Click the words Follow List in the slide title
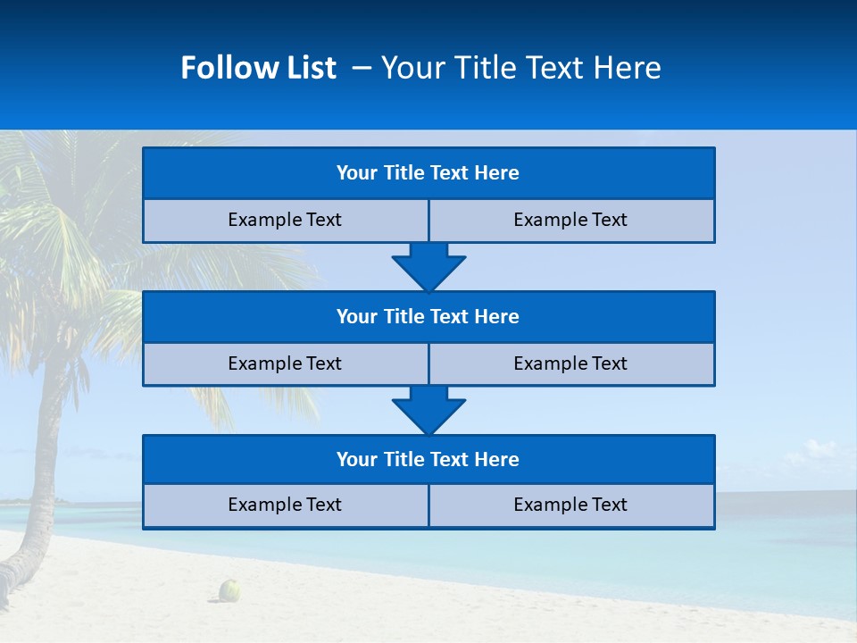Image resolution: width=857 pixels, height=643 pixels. [258, 68]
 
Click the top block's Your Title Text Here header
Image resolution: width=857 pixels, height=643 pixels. [428, 173]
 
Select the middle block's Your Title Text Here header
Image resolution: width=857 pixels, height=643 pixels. [428, 317]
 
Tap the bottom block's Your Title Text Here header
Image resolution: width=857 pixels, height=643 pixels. [428, 460]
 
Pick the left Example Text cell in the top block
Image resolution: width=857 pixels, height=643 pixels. [285, 221]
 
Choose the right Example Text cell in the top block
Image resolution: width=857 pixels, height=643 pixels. [570, 221]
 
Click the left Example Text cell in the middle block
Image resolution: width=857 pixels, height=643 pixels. [285, 364]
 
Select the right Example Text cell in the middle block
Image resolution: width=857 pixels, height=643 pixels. [570, 364]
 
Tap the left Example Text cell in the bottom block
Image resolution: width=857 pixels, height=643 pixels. [285, 505]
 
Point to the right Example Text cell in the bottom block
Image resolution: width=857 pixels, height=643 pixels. [570, 505]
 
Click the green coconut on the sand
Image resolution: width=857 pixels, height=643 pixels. [230, 589]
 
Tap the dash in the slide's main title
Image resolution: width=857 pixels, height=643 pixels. [362, 68]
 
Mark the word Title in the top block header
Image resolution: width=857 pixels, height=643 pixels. [404, 173]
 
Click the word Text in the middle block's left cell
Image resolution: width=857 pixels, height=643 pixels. [323, 364]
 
